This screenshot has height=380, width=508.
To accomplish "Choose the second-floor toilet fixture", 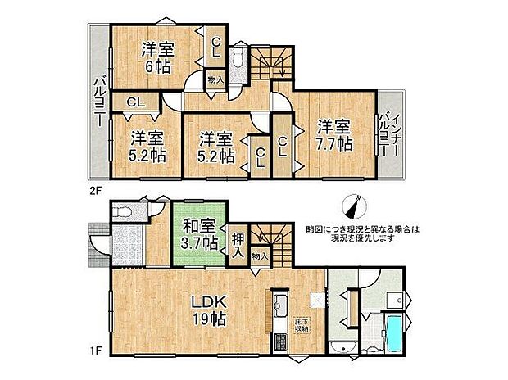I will (238, 61).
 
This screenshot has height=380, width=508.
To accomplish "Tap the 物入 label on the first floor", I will (259, 256).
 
